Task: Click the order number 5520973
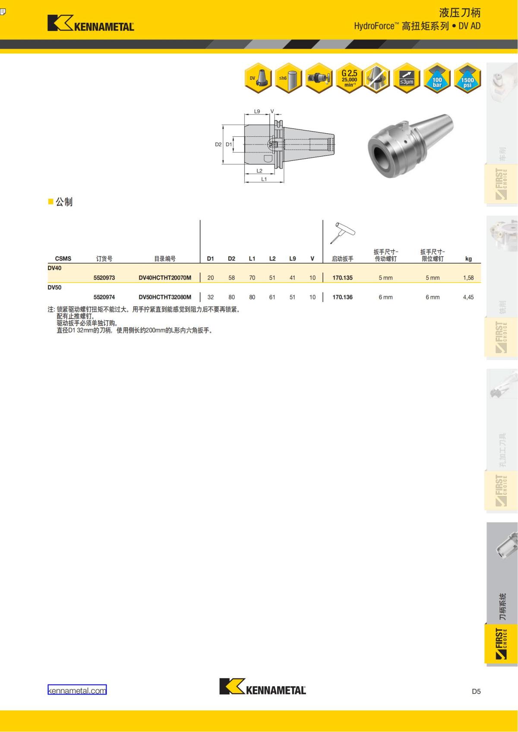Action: pos(104,278)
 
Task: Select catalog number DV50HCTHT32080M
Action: pos(164,297)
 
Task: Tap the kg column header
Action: pos(468,259)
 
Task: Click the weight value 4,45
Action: pos(468,297)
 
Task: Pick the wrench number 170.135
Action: pos(342,278)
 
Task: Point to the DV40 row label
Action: pos(54,268)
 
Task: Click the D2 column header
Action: pos(231,259)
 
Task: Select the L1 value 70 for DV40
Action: pos(252,278)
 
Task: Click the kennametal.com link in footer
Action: pos(77,690)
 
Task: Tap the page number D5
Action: pos(476,691)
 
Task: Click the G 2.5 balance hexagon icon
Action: pos(349,79)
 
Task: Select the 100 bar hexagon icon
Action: pos(437,79)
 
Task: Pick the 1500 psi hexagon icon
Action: pos(467,79)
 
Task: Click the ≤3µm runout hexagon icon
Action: pos(407,79)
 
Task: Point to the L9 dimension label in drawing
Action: pos(257,111)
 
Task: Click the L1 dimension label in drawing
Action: pos(264,179)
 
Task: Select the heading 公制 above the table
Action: pos(64,202)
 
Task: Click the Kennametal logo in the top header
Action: pos(91,23)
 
